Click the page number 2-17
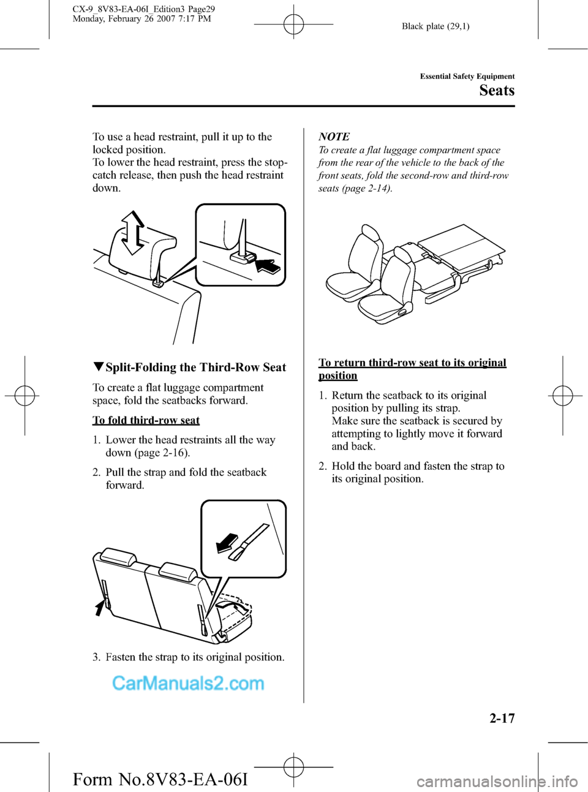[x=502, y=718]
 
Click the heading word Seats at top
[x=497, y=91]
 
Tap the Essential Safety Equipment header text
[x=467, y=77]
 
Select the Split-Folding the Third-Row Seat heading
[x=190, y=368]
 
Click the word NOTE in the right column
[x=334, y=137]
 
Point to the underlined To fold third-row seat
[x=146, y=420]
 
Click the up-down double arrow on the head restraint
[x=133, y=232]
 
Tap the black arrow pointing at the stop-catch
[x=268, y=265]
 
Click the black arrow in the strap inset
[x=227, y=542]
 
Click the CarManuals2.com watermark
[x=188, y=683]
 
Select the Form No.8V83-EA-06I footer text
[x=160, y=779]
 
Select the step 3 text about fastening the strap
[x=189, y=657]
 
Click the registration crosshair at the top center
[x=293, y=25]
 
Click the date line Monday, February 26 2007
[x=141, y=19]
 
